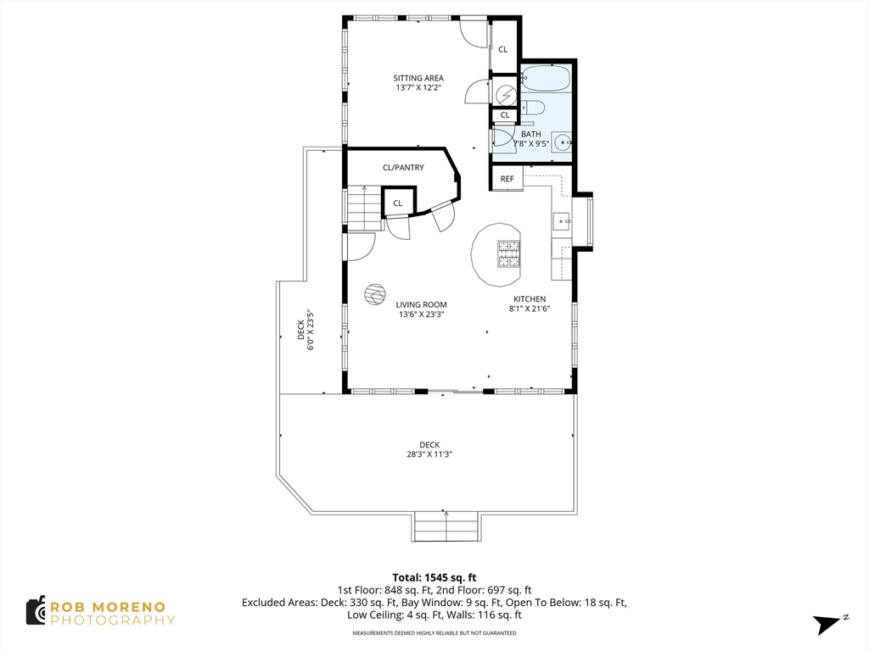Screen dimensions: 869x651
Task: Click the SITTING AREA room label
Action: coord(418,78)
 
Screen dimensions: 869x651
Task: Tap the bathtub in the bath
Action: coord(547,78)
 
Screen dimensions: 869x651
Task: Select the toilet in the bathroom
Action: coord(531,107)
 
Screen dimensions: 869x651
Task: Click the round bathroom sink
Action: coord(563,142)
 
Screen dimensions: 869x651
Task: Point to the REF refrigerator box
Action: coord(507,178)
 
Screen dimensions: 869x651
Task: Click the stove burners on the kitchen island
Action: coord(509,254)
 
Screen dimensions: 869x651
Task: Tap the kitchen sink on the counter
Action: coord(562,221)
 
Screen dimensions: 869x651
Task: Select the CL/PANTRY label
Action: coord(403,167)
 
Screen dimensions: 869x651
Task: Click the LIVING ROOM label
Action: coord(421,304)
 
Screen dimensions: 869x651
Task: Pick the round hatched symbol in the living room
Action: coord(374,294)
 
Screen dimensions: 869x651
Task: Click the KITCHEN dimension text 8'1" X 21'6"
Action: coord(530,309)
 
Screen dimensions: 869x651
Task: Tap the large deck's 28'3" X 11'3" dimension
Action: coord(429,454)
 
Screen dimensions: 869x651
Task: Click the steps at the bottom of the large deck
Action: coord(446,526)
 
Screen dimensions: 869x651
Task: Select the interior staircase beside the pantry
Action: coord(365,209)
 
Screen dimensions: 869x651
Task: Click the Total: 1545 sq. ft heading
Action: coord(434,578)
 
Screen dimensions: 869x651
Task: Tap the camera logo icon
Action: coord(36,611)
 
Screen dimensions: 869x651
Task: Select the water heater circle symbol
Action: coord(506,95)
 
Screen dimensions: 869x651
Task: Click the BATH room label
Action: coord(531,134)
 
